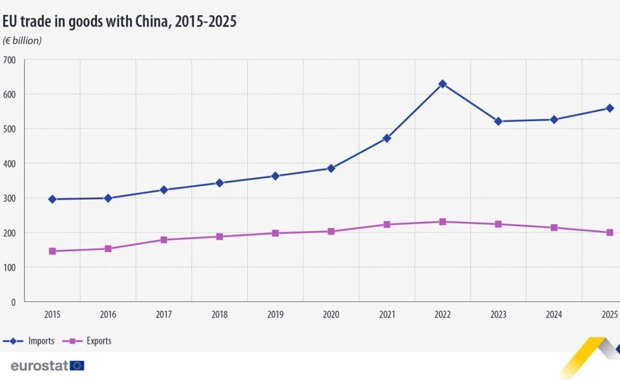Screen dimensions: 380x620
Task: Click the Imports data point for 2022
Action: [x=443, y=84]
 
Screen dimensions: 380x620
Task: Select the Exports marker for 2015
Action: [x=52, y=251]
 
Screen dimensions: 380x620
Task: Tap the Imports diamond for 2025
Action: [x=610, y=108]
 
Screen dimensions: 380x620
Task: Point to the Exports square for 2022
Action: [x=443, y=221]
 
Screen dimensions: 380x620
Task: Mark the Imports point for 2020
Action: [x=331, y=168]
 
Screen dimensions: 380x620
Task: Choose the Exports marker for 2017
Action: [x=163, y=240]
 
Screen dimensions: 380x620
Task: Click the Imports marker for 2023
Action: [x=498, y=122]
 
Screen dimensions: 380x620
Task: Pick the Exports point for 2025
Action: [x=610, y=232]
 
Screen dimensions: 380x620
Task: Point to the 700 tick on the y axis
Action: [x=10, y=60]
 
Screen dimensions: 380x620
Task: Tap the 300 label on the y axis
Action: [x=10, y=198]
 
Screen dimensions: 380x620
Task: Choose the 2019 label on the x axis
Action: [x=275, y=315]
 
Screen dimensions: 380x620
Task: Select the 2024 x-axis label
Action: [x=554, y=315]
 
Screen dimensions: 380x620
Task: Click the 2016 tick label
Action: [x=108, y=315]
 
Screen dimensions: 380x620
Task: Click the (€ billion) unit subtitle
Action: [x=22, y=41]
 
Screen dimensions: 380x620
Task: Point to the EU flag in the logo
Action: [x=77, y=365]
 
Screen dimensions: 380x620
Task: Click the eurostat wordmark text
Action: [x=39, y=365]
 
